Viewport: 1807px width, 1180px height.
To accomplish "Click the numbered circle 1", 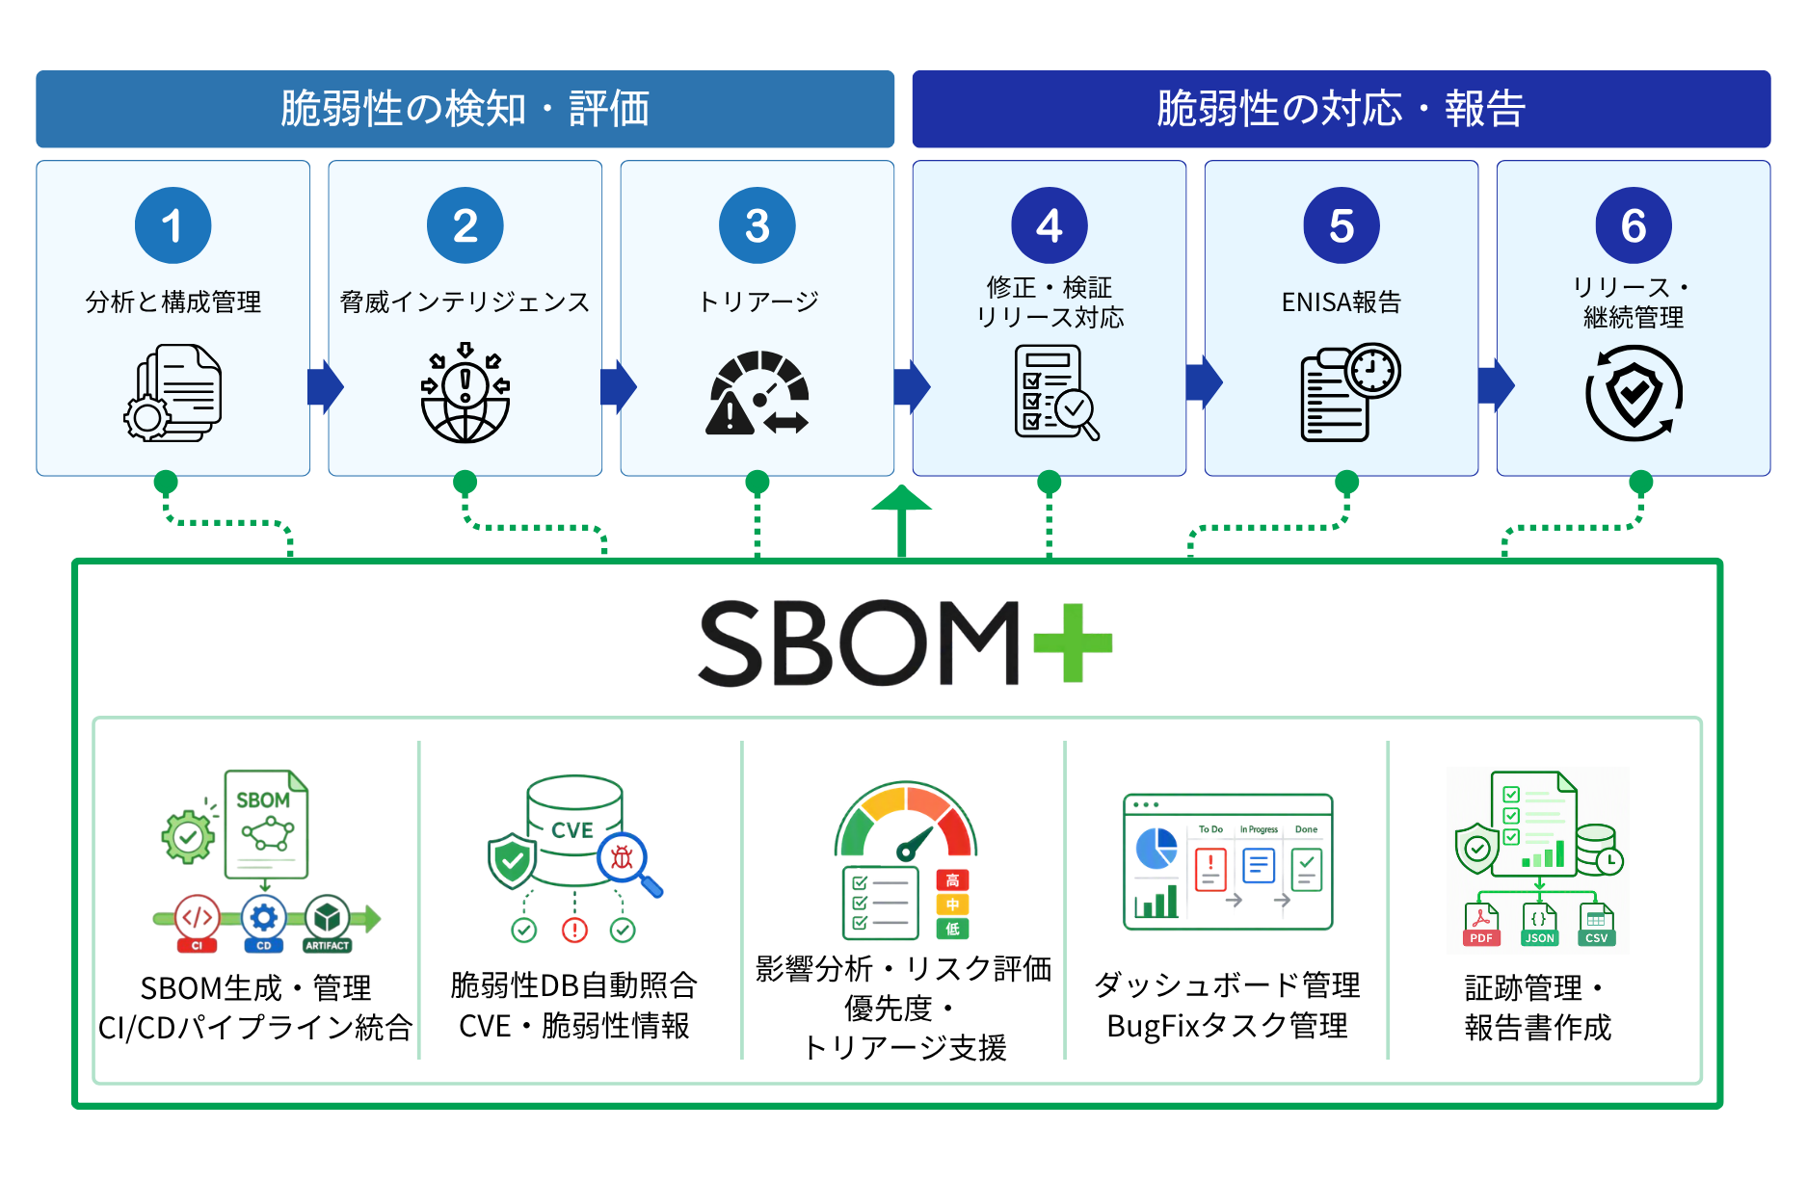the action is tap(173, 225).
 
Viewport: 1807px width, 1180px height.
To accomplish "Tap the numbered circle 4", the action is tap(1050, 225).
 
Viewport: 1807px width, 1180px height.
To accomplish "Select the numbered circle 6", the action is tap(1634, 225).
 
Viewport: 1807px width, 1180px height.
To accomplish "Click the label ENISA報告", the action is tap(1341, 302).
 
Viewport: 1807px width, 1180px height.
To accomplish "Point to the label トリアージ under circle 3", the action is tap(758, 302).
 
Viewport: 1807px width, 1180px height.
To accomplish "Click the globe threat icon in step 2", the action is tap(465, 393).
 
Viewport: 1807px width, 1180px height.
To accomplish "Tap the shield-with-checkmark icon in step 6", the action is tap(1634, 393).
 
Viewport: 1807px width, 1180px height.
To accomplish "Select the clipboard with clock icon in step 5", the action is tap(1350, 392).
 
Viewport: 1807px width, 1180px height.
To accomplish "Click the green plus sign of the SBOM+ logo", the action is tap(1073, 642).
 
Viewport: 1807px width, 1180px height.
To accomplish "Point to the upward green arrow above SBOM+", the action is tap(901, 521).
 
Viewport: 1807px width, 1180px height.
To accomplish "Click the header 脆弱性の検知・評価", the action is tap(465, 108).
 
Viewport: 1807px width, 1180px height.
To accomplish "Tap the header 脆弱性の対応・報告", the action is tap(1341, 108).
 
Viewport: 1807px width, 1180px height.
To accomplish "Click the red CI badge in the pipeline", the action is tap(197, 923).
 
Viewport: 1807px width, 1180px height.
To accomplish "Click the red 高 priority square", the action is tap(952, 880).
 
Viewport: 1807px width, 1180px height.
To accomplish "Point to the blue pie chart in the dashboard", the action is tap(1156, 848).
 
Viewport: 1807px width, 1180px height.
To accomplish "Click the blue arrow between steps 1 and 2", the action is tap(326, 387).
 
